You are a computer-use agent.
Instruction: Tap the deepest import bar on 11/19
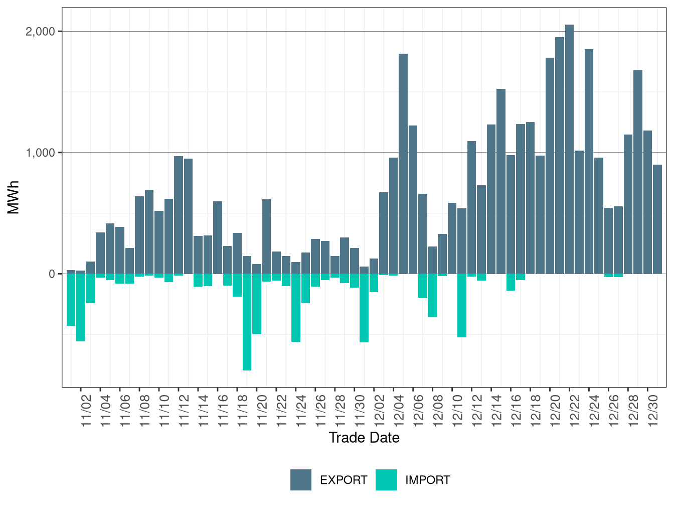click(247, 322)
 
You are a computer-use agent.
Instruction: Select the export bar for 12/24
click(589, 161)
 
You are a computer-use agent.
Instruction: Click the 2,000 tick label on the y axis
click(40, 32)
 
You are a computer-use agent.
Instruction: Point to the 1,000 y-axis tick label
click(40, 153)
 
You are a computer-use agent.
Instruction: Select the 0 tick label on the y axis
click(52, 274)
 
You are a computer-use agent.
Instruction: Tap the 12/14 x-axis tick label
click(496, 411)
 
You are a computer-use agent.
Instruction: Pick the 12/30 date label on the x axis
click(653, 411)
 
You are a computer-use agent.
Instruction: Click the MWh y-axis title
click(14, 197)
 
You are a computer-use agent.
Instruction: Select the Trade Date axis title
click(364, 438)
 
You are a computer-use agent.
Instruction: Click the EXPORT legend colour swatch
click(301, 480)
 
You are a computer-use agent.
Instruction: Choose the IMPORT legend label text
click(427, 480)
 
